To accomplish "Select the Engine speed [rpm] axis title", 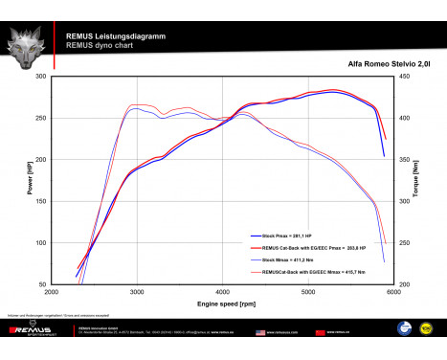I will [x=225, y=304].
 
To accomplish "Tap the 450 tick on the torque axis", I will [x=405, y=77].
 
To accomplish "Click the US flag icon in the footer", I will [x=259, y=333].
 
